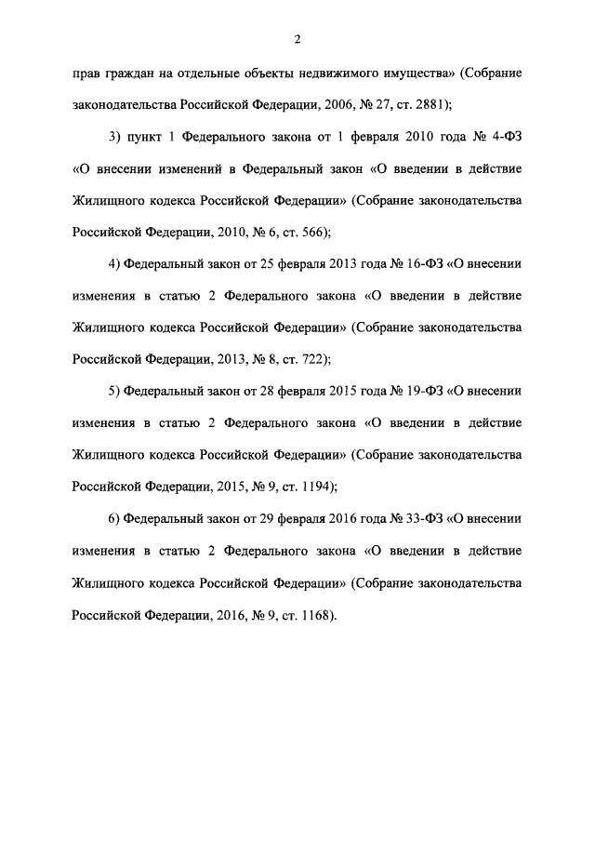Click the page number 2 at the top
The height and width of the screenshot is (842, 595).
[x=296, y=38]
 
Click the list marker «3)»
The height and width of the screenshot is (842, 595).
[x=115, y=138]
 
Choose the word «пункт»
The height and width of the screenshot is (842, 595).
[x=151, y=138]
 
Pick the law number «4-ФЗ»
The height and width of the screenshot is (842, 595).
[x=503, y=138]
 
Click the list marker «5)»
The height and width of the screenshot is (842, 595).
[x=115, y=391]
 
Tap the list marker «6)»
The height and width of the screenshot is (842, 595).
[x=115, y=518]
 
